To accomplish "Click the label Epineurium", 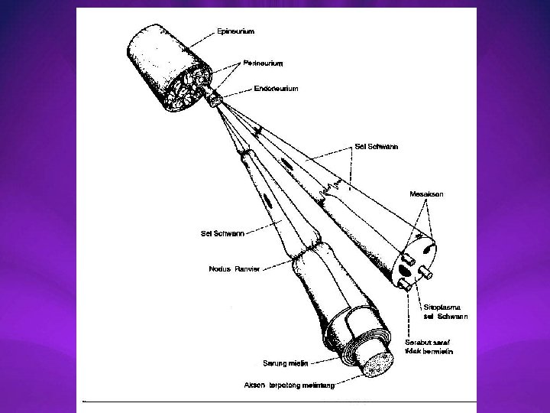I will click(x=235, y=31).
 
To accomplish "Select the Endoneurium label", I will click(x=276, y=89).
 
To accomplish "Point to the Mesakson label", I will click(x=426, y=194).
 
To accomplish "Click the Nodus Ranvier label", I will click(x=234, y=268).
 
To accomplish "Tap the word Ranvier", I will click(x=247, y=268).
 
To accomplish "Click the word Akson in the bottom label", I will click(x=254, y=384).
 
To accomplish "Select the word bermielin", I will click(x=438, y=351).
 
